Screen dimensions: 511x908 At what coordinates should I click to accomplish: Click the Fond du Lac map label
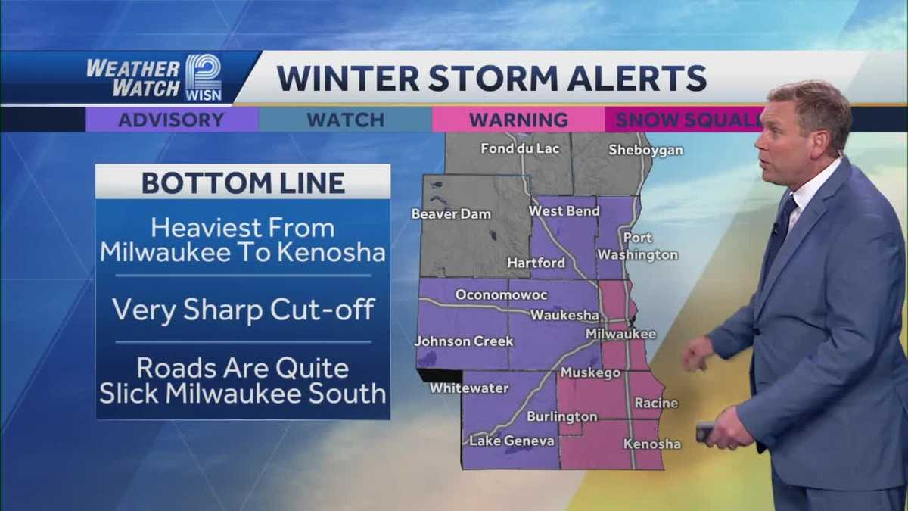tap(520, 148)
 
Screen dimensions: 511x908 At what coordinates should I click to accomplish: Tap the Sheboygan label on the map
tap(645, 150)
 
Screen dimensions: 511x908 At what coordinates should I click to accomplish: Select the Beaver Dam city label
tap(446, 214)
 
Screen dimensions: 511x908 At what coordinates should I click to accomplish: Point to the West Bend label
tap(563, 211)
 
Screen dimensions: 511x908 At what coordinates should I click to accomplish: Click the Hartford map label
tap(536, 263)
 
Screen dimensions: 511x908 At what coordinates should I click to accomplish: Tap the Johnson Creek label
tap(464, 341)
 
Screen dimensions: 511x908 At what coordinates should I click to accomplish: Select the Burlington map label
tap(561, 416)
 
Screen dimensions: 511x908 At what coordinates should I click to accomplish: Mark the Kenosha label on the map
tap(651, 444)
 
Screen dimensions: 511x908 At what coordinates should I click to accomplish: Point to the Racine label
tap(656, 404)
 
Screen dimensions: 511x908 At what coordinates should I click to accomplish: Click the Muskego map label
tap(590, 373)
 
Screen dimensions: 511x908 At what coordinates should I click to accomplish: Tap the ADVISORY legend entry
tap(171, 120)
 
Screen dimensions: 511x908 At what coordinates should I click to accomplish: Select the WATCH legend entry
tap(345, 120)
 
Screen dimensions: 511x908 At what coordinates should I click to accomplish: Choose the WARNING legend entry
tap(518, 120)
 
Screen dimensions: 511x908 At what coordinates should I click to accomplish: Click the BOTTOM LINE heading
tap(243, 182)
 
